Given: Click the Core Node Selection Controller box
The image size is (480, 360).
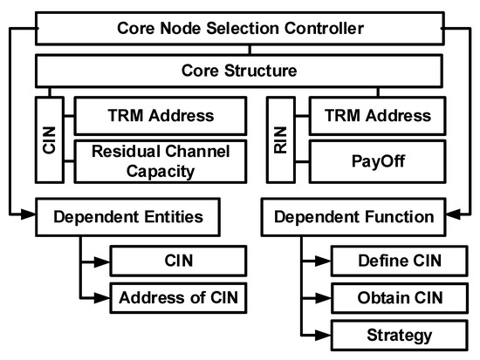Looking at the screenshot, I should click(239, 29).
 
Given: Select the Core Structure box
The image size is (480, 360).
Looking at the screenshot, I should click(239, 67).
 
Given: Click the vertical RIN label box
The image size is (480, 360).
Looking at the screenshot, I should click(279, 137).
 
